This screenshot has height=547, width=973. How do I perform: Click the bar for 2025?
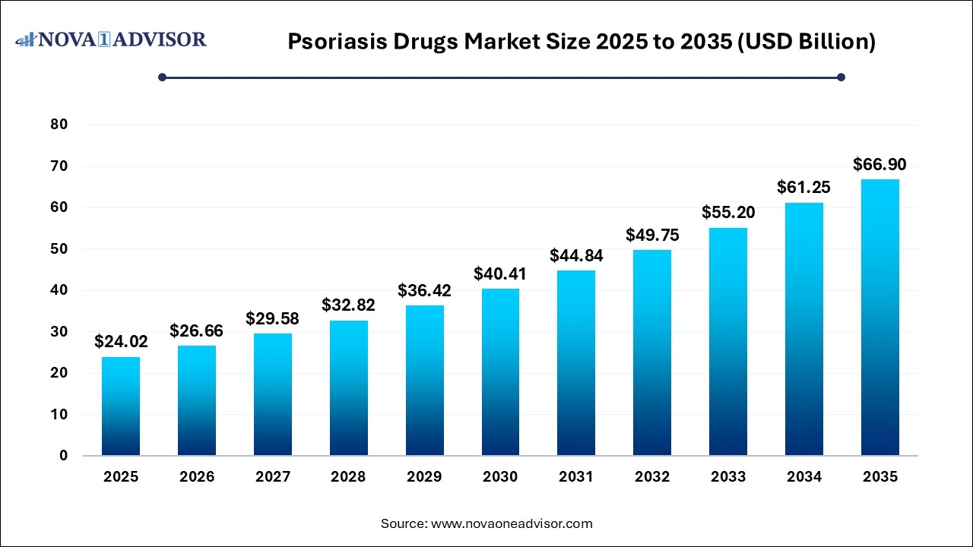click(x=121, y=406)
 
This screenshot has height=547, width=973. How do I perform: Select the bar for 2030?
click(x=500, y=372)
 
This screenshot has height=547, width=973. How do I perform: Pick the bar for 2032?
click(x=652, y=353)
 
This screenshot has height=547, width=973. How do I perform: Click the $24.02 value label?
click(x=121, y=342)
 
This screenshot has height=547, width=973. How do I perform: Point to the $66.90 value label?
click(x=880, y=164)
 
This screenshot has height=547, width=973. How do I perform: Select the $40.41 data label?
click(x=500, y=273)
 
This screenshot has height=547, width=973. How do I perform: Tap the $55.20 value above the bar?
click(x=728, y=213)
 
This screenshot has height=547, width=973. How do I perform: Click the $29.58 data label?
click(x=272, y=318)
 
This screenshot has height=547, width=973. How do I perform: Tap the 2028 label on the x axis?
click(x=348, y=477)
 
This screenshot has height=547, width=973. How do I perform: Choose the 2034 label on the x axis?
click(x=803, y=477)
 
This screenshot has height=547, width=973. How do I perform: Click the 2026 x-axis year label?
click(x=197, y=477)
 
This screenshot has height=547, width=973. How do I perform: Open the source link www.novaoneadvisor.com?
click(x=512, y=523)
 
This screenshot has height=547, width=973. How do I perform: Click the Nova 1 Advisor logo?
click(x=111, y=39)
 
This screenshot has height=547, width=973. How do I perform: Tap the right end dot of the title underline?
click(x=841, y=77)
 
